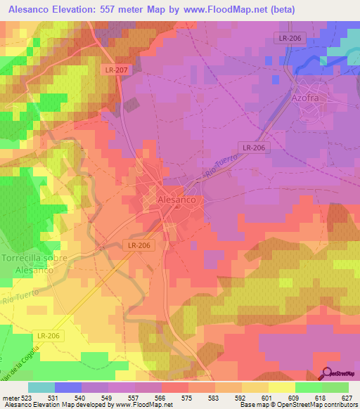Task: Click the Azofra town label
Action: [x=305, y=99]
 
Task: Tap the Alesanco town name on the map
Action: [x=180, y=200]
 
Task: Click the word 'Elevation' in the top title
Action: [x=83, y=9]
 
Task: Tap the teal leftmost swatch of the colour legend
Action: [x=41, y=387]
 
